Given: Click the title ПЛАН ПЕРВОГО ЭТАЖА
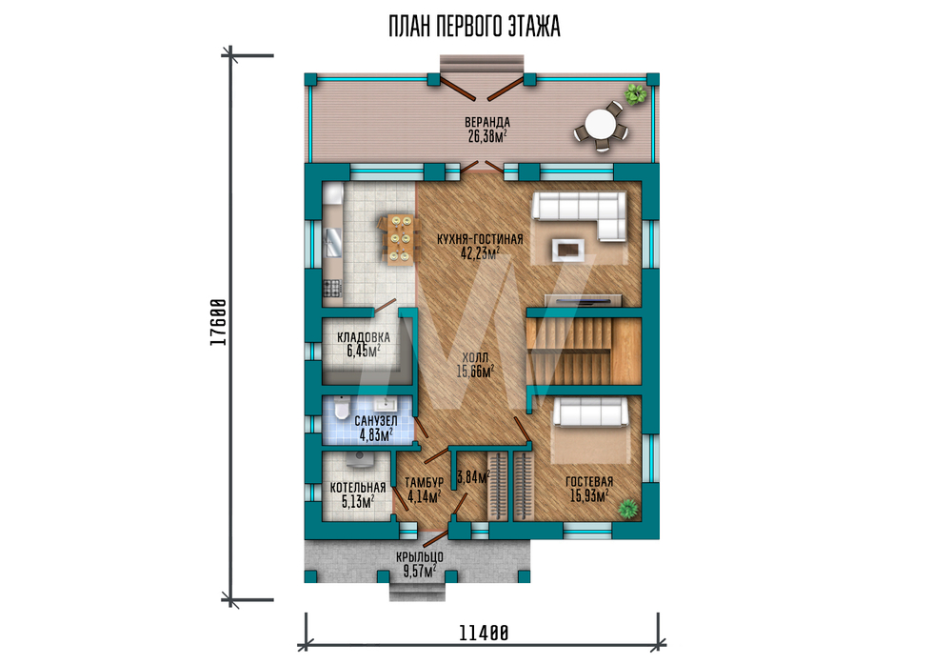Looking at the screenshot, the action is [474, 27].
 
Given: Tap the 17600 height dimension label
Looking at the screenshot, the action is [218, 323].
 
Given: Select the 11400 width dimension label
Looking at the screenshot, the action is [484, 633].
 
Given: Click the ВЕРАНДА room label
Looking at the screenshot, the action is [486, 123].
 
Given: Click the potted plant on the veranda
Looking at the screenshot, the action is [636, 93].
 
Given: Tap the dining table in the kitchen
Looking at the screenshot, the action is [400, 239].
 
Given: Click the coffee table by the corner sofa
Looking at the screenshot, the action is [568, 249].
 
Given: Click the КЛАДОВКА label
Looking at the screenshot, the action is [364, 337].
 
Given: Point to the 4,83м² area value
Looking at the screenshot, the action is [376, 435].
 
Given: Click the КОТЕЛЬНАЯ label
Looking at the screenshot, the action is [358, 488].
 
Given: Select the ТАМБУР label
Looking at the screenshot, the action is [425, 482].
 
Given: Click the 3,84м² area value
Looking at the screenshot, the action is [473, 477].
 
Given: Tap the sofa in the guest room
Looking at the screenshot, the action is [589, 412].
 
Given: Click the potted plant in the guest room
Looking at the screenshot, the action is [629, 508].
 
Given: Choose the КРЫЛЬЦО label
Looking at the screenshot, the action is [420, 556].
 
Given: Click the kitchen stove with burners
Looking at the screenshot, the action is [331, 288].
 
